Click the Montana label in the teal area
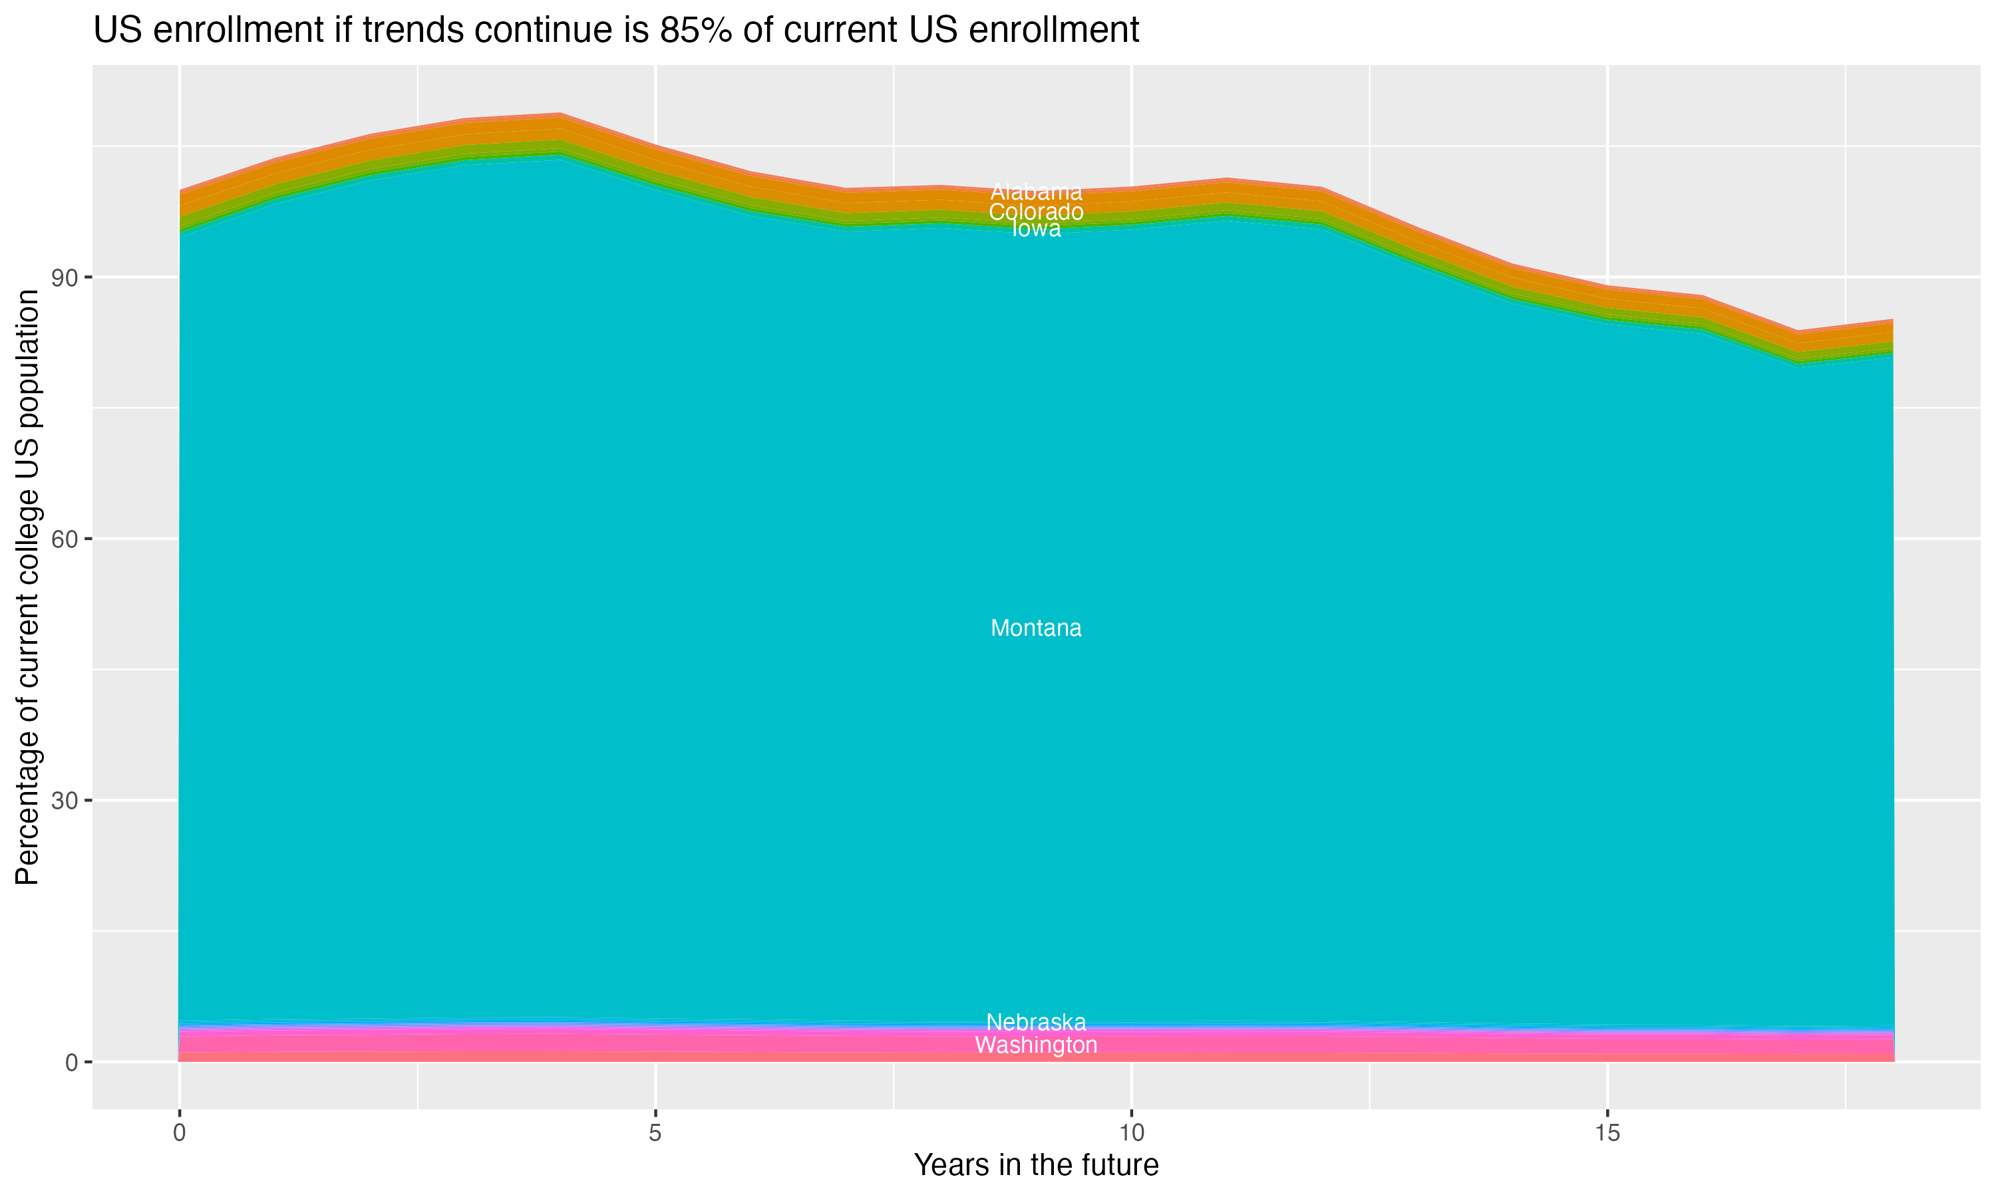pos(1035,628)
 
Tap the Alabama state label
pos(1035,192)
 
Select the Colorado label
pos(1035,212)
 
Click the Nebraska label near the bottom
pos(1035,1022)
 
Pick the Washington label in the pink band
pos(1035,1045)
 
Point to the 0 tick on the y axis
pos(73,1062)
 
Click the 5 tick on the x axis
pos(655,1133)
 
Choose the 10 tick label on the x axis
pos(1131,1133)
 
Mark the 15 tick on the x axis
pos(1607,1133)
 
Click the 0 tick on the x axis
pos(179,1133)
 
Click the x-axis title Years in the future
pos(1035,1166)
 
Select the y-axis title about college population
pos(27,587)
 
